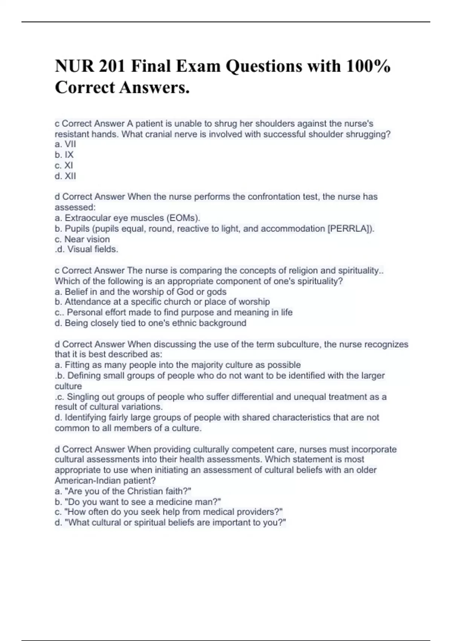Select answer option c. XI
point(64,165)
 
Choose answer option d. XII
point(66,176)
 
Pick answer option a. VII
point(66,144)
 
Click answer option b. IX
point(64,155)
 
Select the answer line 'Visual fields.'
point(93,249)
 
